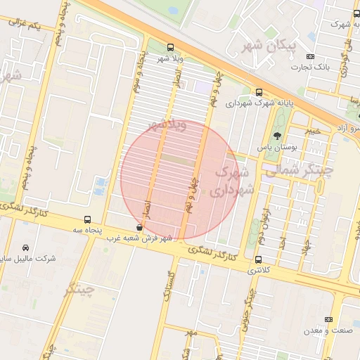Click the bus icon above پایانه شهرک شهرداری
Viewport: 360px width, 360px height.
(259, 92)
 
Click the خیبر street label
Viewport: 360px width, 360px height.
(313, 131)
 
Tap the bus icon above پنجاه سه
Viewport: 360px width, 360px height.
(87, 219)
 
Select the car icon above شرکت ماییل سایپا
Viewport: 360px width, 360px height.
(26, 248)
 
